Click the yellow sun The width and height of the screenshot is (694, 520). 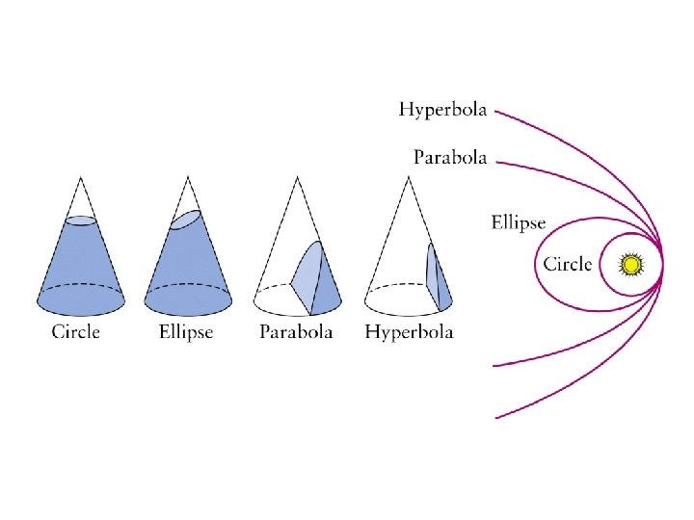(631, 264)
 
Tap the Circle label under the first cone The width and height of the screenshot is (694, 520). (75, 332)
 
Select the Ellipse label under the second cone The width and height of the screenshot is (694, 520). (186, 332)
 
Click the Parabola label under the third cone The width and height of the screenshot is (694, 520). (296, 332)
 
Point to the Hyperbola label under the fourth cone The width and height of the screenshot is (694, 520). (409, 332)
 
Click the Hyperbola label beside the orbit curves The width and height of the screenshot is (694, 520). (443, 110)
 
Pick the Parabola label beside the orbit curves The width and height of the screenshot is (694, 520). (450, 156)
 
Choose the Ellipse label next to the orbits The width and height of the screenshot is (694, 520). (519, 223)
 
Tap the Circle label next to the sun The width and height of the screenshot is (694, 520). (568, 264)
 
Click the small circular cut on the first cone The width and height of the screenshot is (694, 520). (81, 221)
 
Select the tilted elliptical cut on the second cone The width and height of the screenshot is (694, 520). (185, 220)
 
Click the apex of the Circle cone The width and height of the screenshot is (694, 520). (81, 177)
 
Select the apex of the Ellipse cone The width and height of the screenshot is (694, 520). (188, 177)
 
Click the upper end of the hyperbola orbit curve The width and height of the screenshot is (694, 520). (496, 111)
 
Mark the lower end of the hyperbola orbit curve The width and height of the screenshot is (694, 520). (496, 417)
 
